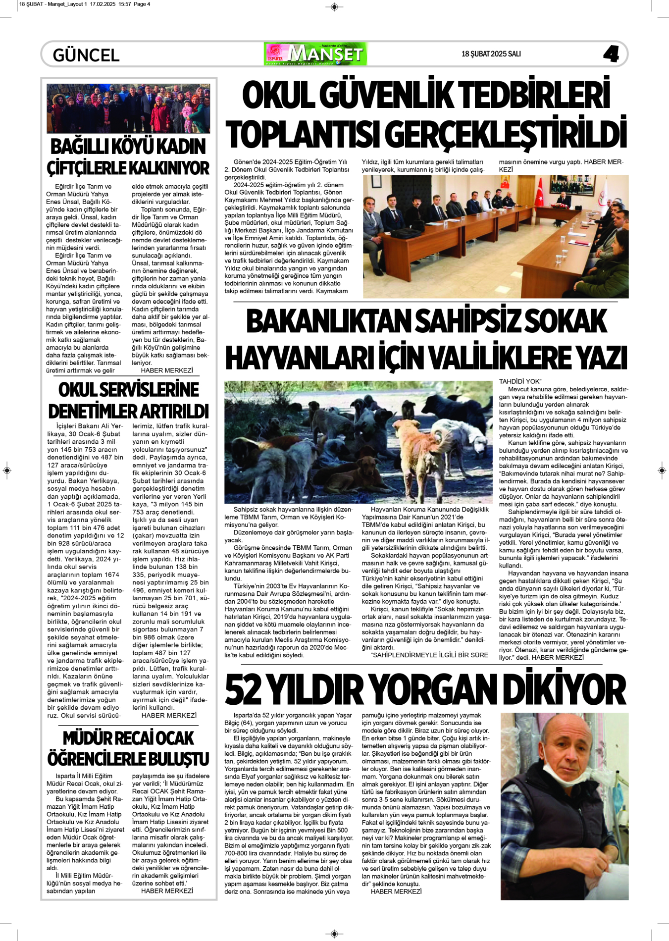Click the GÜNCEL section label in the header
click(86, 55)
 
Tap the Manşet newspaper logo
click(316, 54)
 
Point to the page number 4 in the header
click(611, 54)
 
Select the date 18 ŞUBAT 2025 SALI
click(491, 54)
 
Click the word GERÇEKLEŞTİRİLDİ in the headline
click(506, 135)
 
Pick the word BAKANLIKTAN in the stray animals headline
click(328, 322)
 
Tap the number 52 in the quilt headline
click(243, 690)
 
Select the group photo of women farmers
click(128, 108)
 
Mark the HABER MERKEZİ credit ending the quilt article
click(396, 891)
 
